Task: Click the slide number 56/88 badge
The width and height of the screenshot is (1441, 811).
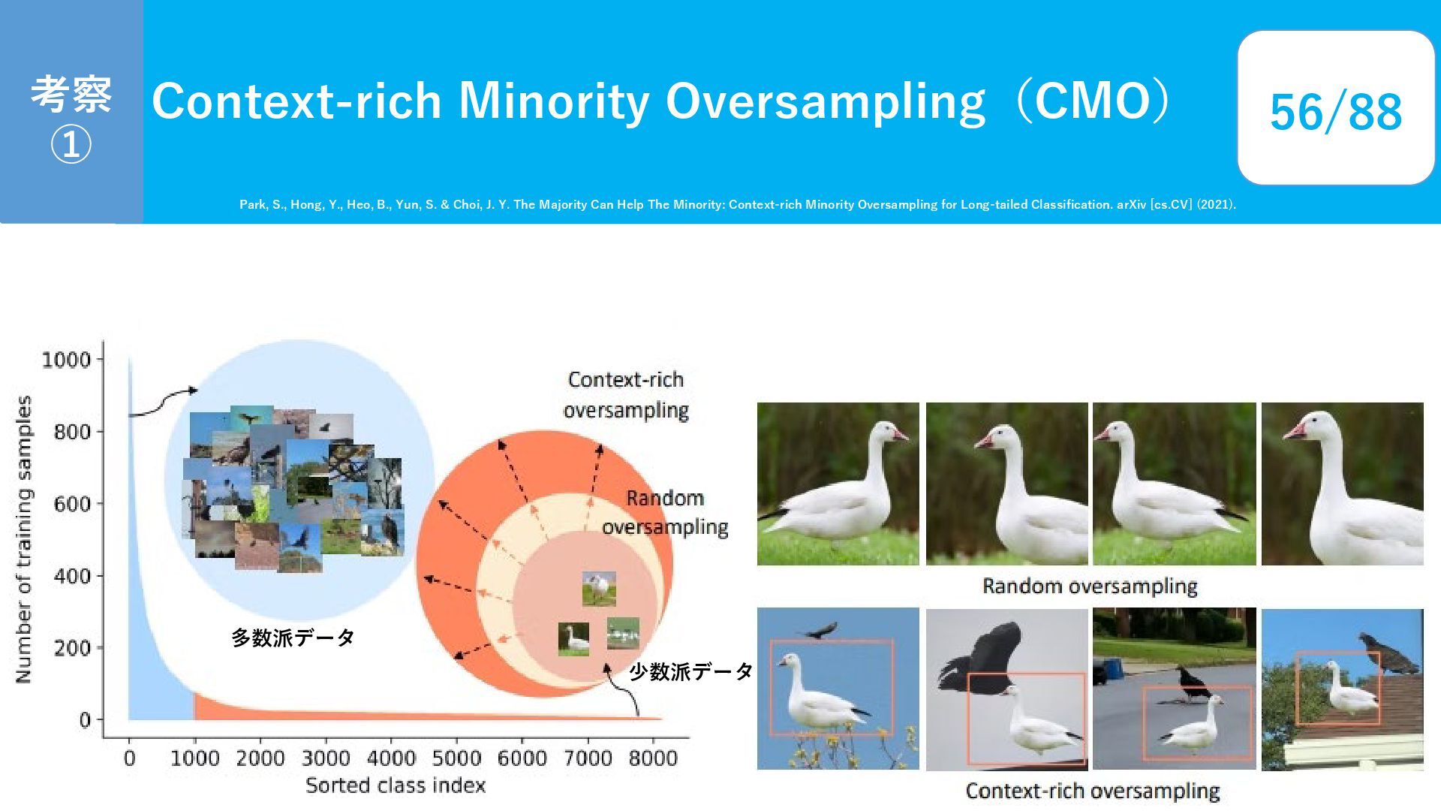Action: pos(1335,108)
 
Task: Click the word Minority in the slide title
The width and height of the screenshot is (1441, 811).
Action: pos(554,102)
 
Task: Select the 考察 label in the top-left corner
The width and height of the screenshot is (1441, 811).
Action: pos(71,95)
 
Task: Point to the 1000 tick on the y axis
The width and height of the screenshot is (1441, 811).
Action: pos(66,360)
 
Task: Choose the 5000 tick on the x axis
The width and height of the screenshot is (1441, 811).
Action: pos(456,758)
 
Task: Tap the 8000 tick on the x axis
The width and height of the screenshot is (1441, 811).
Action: pos(653,758)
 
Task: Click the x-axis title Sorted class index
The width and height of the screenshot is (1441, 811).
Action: pos(396,785)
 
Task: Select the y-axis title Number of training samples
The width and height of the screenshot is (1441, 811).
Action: pos(23,539)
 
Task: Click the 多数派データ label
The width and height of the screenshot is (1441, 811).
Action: pos(293,638)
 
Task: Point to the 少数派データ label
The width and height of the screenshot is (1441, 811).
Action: pos(690,671)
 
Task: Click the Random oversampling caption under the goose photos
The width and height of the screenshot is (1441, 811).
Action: pos(1090,586)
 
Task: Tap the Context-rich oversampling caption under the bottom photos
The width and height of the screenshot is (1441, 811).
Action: pos(1092,791)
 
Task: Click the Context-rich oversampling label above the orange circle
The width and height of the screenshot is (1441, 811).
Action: pos(626,395)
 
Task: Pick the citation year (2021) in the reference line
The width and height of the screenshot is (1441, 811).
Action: pos(1216,204)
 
